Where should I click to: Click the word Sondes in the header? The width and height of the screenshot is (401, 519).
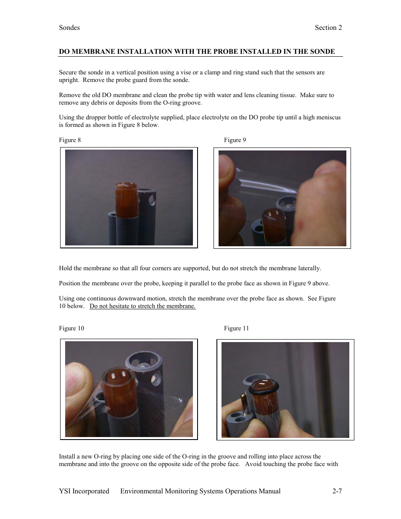pyautogui.click(x=69, y=28)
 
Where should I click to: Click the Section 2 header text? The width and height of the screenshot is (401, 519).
pyautogui.click(x=328, y=28)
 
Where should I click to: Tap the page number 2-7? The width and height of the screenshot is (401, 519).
pyautogui.click(x=337, y=491)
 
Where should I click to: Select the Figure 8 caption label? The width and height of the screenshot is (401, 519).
pyautogui.click(x=70, y=140)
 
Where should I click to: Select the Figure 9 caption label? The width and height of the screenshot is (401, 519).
pyautogui.click(x=235, y=140)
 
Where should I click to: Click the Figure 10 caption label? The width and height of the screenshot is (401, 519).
pyautogui.click(x=71, y=328)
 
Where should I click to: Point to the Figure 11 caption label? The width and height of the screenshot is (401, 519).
pyautogui.click(x=236, y=328)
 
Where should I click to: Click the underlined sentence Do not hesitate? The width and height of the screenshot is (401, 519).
pyautogui.click(x=142, y=306)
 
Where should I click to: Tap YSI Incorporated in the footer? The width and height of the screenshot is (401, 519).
pyautogui.click(x=84, y=491)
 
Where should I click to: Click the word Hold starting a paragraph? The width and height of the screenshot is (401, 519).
pyautogui.click(x=66, y=268)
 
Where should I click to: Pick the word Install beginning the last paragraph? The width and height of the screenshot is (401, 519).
pyautogui.click(x=67, y=456)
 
